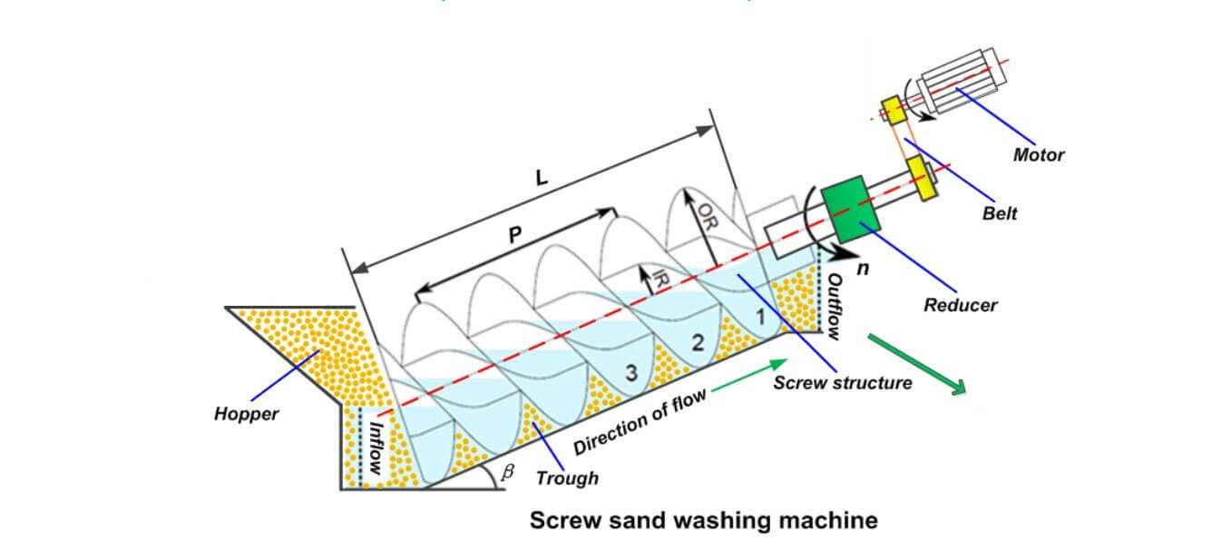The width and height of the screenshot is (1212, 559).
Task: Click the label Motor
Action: [x=1038, y=154]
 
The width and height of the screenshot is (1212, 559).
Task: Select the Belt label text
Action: [x=1000, y=213]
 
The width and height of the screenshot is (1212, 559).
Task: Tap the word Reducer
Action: [x=960, y=305]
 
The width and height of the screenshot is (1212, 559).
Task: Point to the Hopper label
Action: [x=246, y=414]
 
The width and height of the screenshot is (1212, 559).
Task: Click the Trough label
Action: [x=567, y=477]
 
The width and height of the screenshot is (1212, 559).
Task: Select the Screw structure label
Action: [x=842, y=383]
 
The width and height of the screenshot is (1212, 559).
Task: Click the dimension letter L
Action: [x=542, y=178]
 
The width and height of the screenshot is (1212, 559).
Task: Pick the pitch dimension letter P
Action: [x=514, y=235]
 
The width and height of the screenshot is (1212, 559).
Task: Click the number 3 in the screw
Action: [x=630, y=371]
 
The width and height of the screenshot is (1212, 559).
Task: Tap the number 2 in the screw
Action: [x=697, y=342]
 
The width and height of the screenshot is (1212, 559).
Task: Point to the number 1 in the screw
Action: [x=760, y=318]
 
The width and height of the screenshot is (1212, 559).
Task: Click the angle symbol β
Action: [x=507, y=472]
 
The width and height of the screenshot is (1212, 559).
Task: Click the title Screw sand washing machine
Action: [x=703, y=521]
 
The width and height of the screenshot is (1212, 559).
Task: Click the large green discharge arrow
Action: [x=917, y=364]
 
